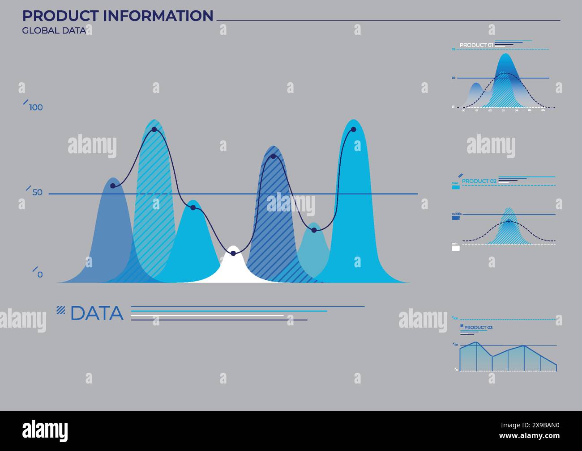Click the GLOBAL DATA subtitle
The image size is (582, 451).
click(x=54, y=31)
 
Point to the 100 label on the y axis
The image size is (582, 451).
click(x=36, y=107)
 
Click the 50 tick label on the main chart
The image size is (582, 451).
click(x=38, y=193)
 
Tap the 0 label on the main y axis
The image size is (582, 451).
click(x=40, y=275)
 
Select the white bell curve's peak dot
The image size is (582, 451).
click(x=233, y=253)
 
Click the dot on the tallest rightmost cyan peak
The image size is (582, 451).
click(x=354, y=130)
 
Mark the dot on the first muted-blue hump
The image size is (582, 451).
click(x=113, y=186)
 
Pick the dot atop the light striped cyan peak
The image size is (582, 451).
click(x=154, y=130)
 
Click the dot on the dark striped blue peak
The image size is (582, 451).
click(x=273, y=156)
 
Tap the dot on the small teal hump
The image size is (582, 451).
click(x=314, y=230)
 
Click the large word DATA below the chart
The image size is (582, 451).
click(x=97, y=313)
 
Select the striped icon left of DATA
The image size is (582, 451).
click(x=61, y=309)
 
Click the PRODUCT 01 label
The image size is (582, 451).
click(x=476, y=45)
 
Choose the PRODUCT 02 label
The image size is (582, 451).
click(x=479, y=181)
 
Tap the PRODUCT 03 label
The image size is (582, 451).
click(x=478, y=328)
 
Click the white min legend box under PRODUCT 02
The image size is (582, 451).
click(x=456, y=248)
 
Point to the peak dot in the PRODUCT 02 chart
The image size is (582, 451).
click(x=509, y=221)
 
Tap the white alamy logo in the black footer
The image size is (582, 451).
click(x=45, y=431)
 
